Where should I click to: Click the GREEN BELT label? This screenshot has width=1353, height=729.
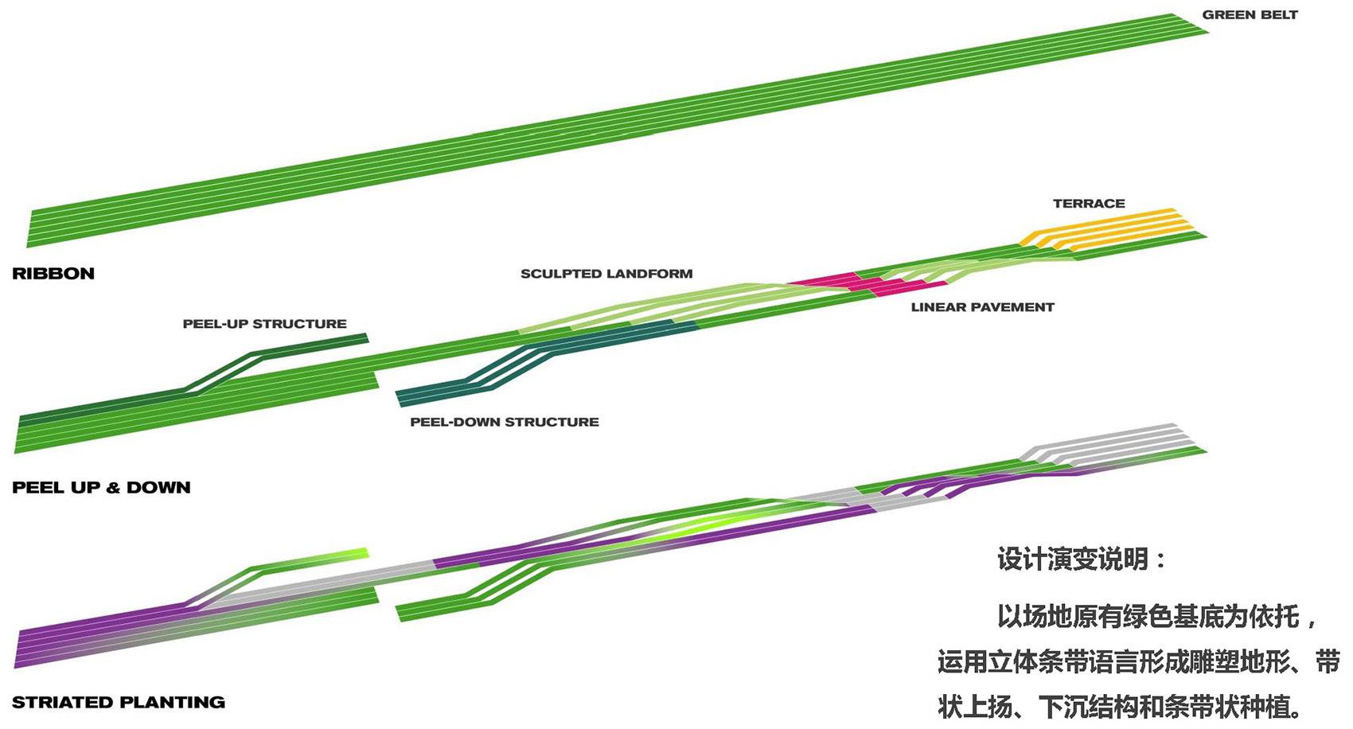tap(1250, 15)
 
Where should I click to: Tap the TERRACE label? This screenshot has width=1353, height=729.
tap(1089, 204)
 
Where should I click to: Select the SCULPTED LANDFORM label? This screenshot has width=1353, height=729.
tap(606, 274)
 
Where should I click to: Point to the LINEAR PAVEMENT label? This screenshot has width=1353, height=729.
tap(982, 307)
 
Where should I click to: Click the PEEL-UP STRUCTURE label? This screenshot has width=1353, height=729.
tap(264, 324)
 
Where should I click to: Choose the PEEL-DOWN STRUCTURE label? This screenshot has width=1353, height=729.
tap(505, 422)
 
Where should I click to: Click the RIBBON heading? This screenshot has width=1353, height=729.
tap(53, 274)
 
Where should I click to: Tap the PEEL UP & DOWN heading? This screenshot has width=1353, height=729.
tap(101, 488)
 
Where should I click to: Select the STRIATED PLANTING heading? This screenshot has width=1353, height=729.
tap(119, 703)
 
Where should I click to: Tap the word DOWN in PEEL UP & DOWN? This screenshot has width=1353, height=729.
tap(158, 488)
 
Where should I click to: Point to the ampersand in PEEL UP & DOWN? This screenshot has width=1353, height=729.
tap(113, 488)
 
